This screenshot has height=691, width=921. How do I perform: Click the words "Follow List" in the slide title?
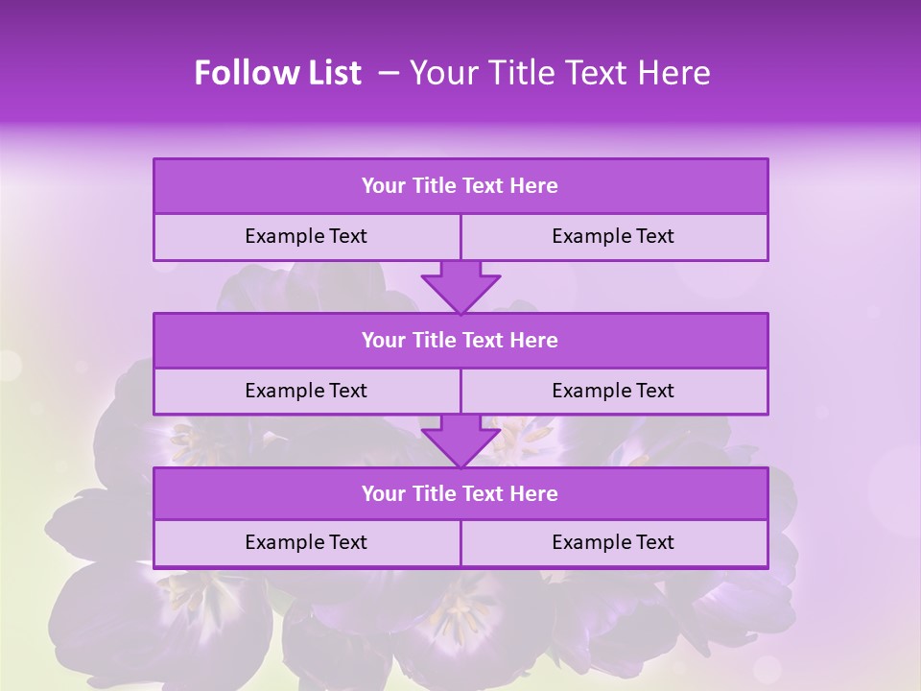277,73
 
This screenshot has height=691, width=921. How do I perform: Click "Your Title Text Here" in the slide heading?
559,73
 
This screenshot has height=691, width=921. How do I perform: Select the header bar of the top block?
460,186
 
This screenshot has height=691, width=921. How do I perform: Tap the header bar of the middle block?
460,340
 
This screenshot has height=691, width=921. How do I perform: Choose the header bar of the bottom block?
460,493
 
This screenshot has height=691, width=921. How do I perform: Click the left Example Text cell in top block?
306,236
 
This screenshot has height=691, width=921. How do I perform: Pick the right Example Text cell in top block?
613,236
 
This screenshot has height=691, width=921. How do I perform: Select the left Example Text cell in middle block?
306,391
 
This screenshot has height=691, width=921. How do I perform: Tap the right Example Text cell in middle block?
613,391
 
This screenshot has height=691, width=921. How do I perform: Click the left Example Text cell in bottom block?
306,542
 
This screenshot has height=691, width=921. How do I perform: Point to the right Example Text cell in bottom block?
613,542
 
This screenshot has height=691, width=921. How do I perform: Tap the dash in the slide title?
389,73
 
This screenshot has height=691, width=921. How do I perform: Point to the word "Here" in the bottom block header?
533,493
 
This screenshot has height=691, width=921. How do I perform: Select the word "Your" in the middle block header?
385,340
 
